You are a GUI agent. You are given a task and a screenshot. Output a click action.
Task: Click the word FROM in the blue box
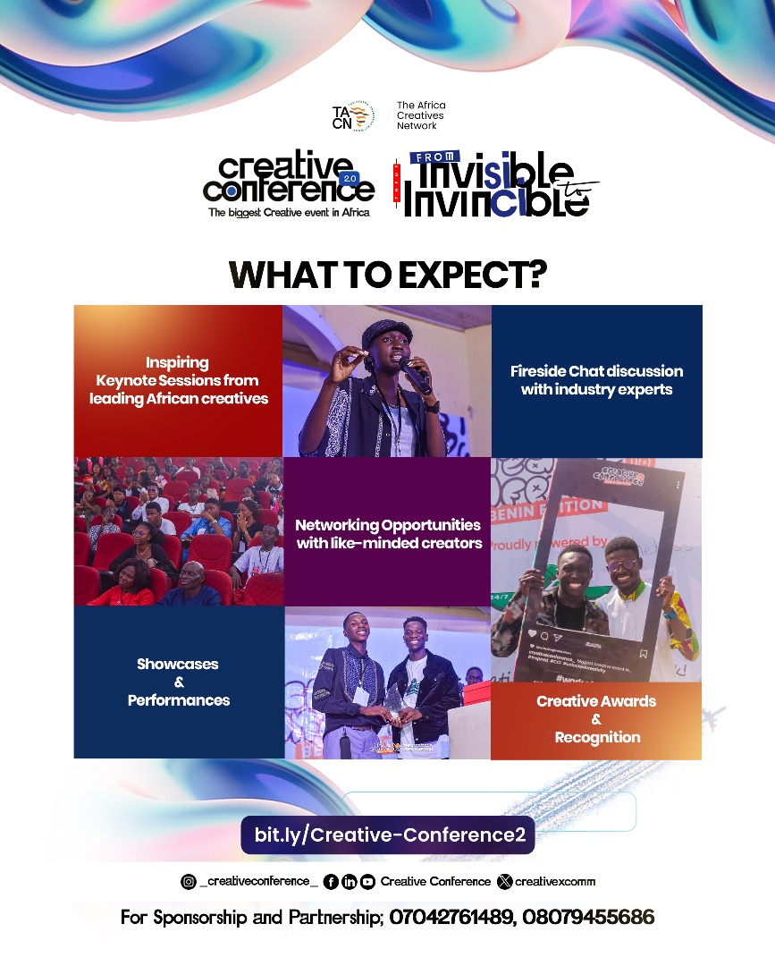pyautogui.click(x=432, y=157)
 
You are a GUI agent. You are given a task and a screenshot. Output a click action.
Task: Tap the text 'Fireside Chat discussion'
pyautogui.click(x=596, y=371)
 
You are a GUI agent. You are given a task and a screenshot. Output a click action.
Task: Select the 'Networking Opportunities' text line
pyautogui.click(x=388, y=525)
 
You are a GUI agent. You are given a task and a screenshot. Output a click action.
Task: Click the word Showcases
pyautogui.click(x=178, y=665)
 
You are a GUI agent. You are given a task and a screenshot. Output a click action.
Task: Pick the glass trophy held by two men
pyautogui.click(x=392, y=703)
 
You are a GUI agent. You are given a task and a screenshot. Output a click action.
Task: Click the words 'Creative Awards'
pyautogui.click(x=596, y=701)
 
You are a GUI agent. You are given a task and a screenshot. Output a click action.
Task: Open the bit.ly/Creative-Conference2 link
pyautogui.click(x=388, y=835)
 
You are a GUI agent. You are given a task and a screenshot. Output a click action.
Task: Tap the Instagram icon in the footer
pyautogui.click(x=189, y=882)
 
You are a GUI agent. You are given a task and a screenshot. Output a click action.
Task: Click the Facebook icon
pyautogui.click(x=331, y=882)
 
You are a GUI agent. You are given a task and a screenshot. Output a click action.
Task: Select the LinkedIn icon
pyautogui.click(x=350, y=882)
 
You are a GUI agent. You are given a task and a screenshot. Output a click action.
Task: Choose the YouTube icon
pyautogui.click(x=367, y=882)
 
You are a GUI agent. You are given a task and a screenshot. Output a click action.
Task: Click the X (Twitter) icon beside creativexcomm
pyautogui.click(x=505, y=882)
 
